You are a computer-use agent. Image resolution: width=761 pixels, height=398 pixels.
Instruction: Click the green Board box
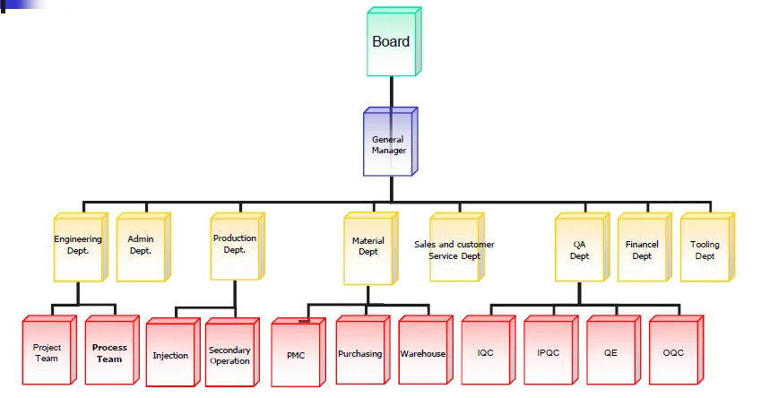click(x=392, y=42)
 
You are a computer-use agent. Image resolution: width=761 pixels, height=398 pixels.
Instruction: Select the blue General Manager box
click(x=388, y=143)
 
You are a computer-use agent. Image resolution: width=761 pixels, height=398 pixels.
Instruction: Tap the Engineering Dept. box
click(x=78, y=246)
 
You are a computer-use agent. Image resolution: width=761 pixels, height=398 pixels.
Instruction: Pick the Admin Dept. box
click(x=141, y=246)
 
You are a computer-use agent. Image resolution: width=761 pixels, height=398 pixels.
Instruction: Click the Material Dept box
click(x=368, y=247)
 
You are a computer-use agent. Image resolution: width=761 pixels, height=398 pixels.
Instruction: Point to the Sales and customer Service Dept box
click(x=454, y=249)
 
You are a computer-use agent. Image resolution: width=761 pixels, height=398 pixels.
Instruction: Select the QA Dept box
click(x=580, y=249)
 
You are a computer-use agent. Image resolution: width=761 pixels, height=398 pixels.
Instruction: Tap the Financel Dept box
click(x=642, y=249)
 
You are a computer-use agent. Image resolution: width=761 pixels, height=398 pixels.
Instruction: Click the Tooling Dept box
click(x=705, y=249)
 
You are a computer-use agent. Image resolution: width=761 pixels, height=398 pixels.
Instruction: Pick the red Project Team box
click(x=48, y=351)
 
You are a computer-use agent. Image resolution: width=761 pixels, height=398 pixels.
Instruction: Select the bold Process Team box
click(x=109, y=351)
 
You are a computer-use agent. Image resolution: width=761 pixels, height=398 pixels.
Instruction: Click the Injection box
click(x=170, y=355)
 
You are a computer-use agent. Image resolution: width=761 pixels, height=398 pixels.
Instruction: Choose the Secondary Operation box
click(x=229, y=355)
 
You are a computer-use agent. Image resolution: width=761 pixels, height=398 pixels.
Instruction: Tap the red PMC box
click(x=296, y=354)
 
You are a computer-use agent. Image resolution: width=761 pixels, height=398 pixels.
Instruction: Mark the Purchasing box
click(x=359, y=352)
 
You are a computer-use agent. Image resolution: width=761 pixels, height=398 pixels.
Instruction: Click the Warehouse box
click(x=422, y=352)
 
